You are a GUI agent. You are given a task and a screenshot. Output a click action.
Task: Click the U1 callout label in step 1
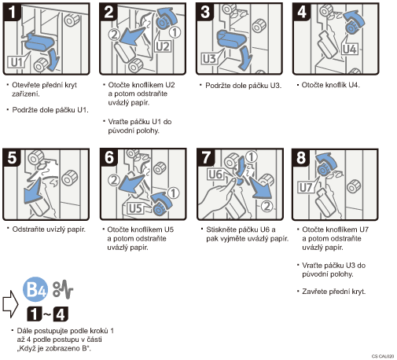click(16, 62)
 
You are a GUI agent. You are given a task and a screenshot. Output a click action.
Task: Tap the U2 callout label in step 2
click(163, 46)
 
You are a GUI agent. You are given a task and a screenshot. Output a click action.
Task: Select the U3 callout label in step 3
click(209, 59)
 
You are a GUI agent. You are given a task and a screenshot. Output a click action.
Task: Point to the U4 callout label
click(350, 49)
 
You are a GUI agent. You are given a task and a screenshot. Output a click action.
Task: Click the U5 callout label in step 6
click(135, 208)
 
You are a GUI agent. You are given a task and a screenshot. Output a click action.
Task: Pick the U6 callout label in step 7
click(215, 174)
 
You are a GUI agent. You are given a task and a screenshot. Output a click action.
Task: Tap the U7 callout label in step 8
click(306, 188)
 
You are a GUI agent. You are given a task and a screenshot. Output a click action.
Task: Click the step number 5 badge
click(12, 157)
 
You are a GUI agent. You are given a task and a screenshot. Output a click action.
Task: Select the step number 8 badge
click(301, 157)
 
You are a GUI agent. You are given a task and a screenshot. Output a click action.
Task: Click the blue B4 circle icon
click(35, 289)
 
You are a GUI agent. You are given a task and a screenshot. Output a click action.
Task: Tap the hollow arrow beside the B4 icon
click(10, 304)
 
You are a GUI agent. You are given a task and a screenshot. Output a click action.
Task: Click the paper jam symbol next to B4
click(63, 289)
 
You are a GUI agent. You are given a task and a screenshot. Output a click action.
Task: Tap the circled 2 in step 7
click(267, 207)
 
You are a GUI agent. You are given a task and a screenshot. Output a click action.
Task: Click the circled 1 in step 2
click(175, 32)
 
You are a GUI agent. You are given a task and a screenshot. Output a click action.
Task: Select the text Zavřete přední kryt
click(333, 292)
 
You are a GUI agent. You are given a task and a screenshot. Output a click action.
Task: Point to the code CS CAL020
click(383, 356)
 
